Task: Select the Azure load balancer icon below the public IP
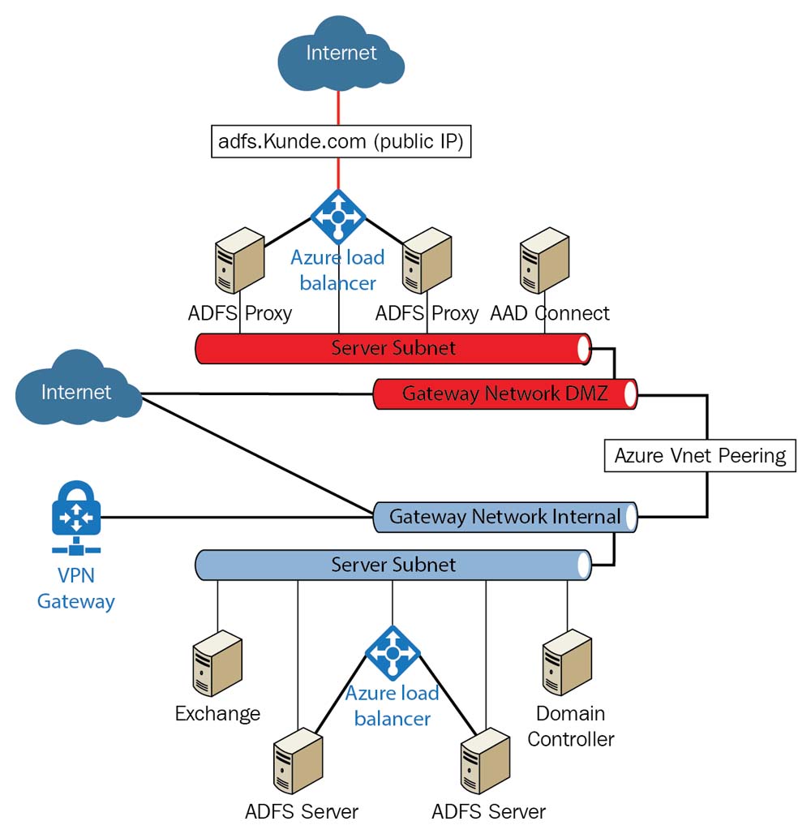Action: point(338,217)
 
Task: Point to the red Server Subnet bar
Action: point(393,348)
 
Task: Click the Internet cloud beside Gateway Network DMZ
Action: point(76,393)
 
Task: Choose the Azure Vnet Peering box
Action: point(700,455)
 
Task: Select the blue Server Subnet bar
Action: point(393,565)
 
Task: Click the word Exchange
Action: point(217,714)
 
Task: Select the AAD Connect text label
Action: point(550,313)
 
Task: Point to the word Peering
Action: point(752,455)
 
